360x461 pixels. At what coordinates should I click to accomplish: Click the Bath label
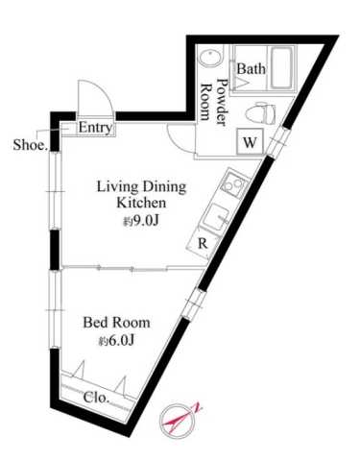(251, 69)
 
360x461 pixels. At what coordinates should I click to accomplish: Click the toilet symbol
(256, 112)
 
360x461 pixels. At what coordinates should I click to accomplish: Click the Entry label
(95, 128)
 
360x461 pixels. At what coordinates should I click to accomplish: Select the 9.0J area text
(140, 222)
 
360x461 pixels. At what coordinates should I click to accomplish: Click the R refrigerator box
(202, 243)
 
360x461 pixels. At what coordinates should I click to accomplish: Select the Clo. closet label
(96, 397)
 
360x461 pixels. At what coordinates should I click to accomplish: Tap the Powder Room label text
(212, 94)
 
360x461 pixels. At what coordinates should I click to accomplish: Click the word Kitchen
(142, 204)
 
